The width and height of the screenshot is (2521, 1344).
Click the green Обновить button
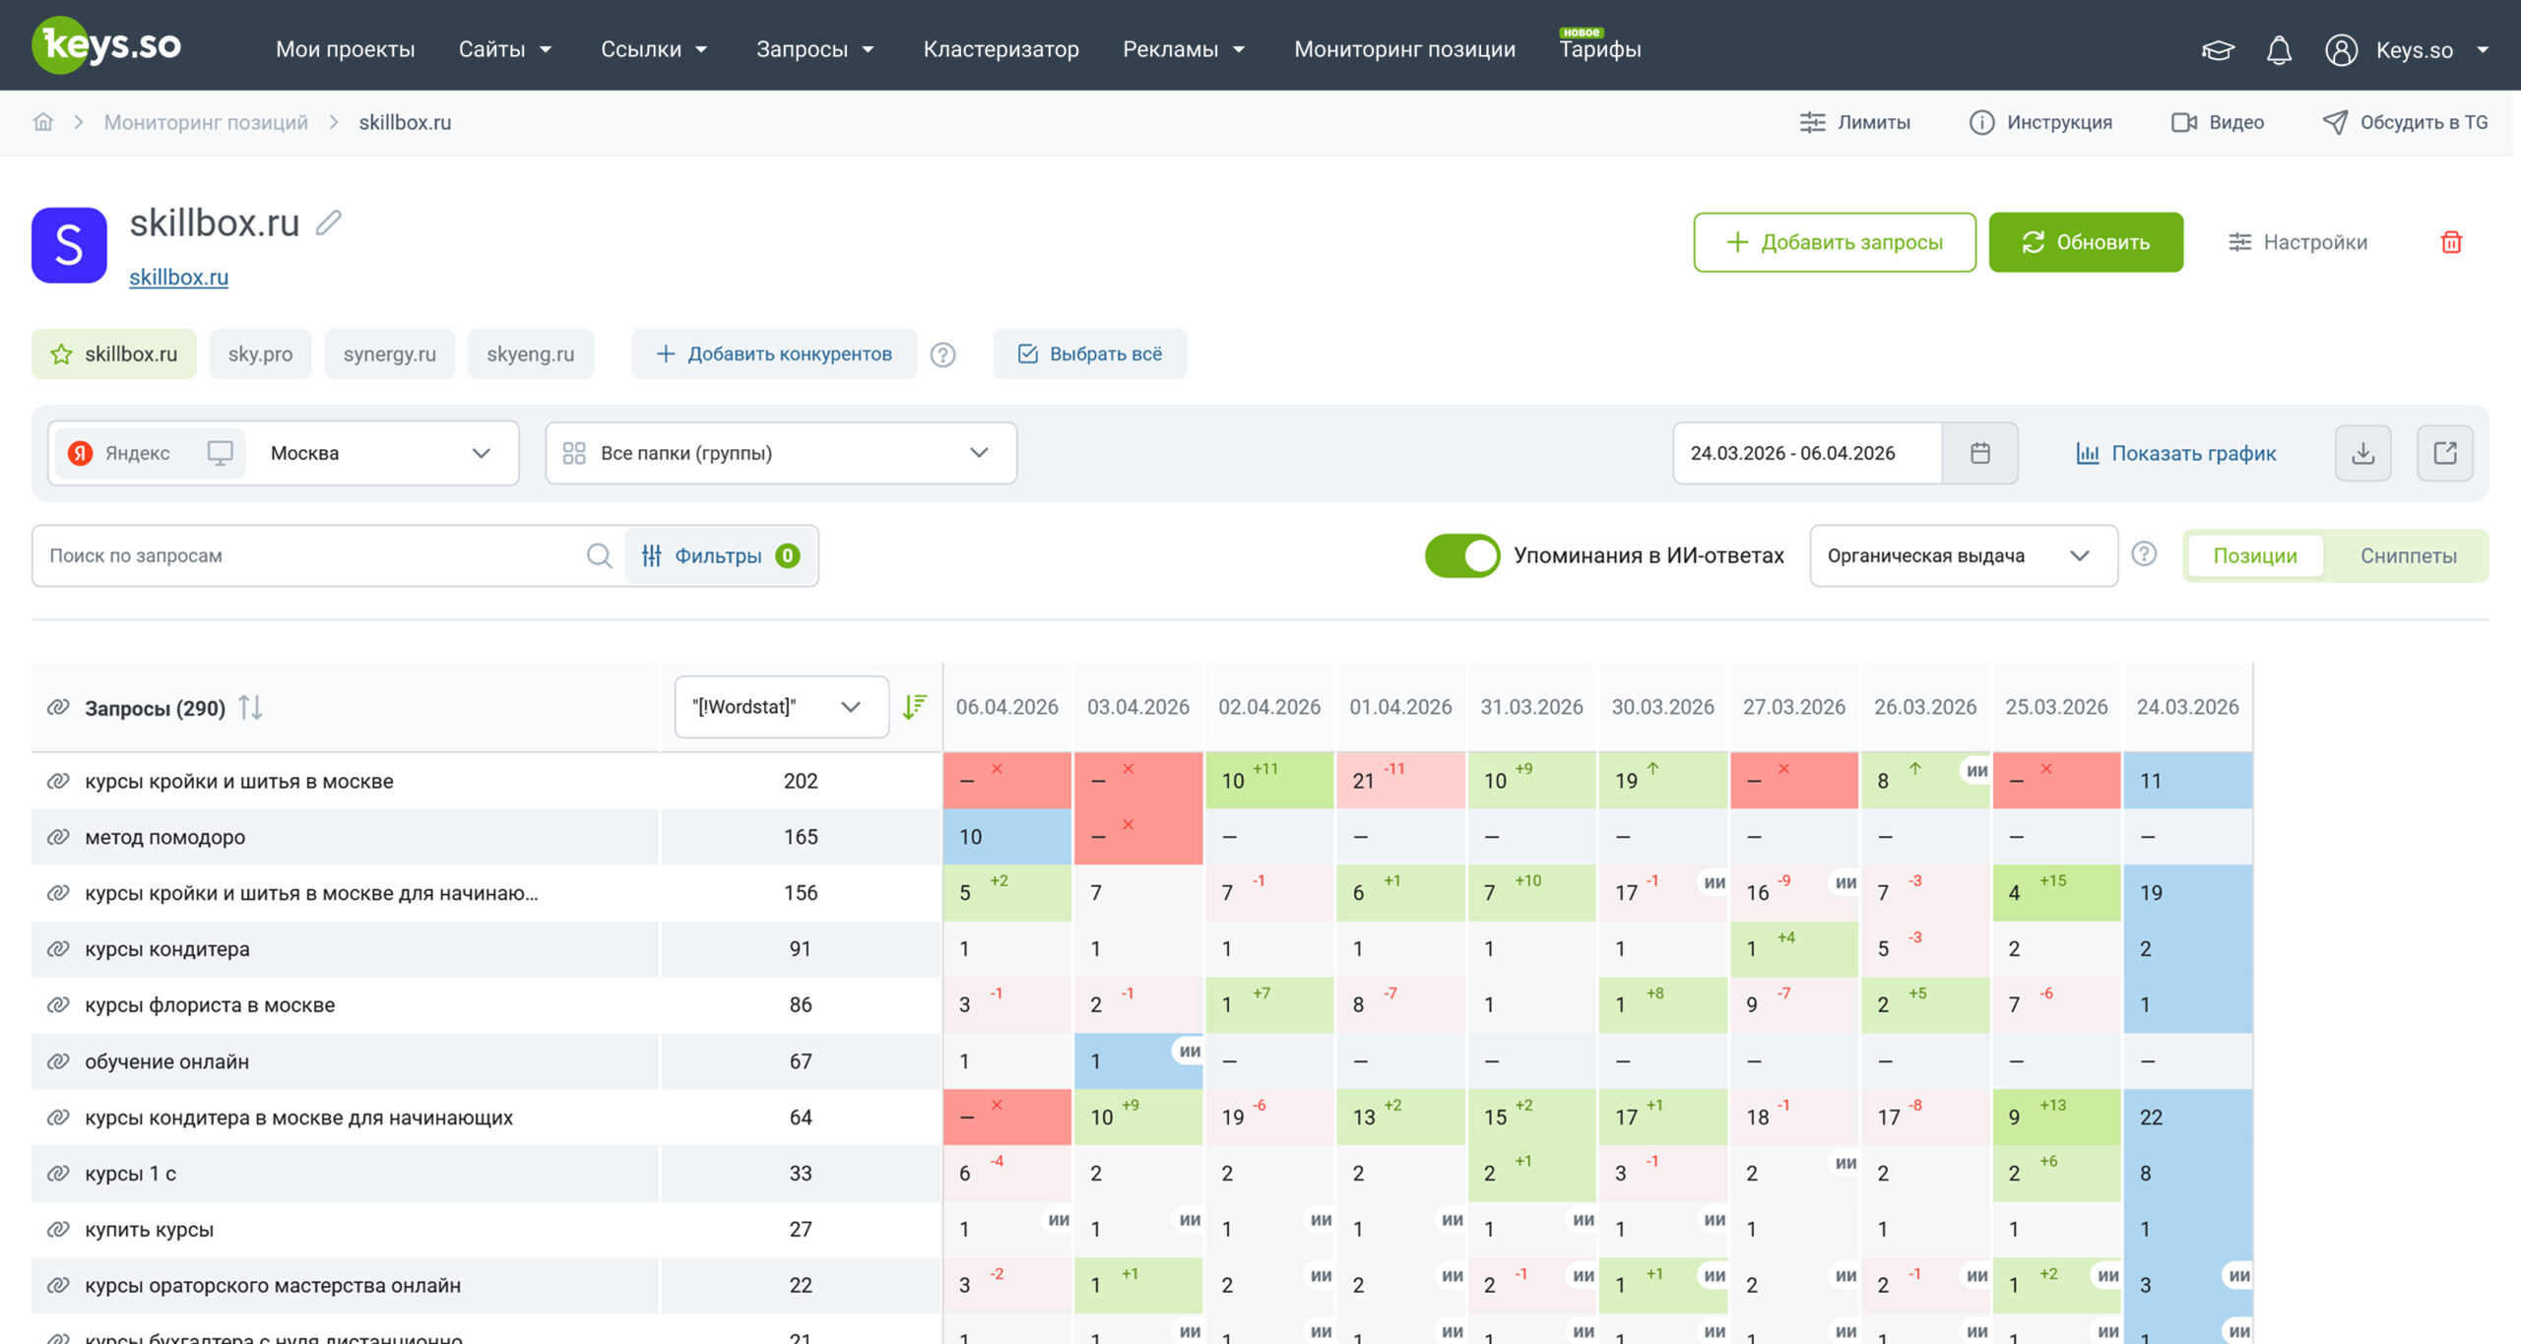click(2085, 242)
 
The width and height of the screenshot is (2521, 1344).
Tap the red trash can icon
click(2451, 242)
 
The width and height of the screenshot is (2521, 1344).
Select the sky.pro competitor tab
click(260, 353)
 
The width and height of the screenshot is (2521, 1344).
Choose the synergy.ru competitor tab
click(389, 353)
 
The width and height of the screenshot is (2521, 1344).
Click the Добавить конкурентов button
click(774, 353)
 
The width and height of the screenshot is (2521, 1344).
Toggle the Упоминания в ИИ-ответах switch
click(1461, 555)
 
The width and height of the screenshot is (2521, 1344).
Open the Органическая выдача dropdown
click(1963, 555)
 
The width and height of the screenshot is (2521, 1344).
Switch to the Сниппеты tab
click(2408, 555)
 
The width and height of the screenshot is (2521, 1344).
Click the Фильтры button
click(721, 555)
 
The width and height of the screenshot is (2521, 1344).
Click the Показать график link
click(2176, 453)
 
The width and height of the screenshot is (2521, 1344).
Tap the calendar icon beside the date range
click(1980, 453)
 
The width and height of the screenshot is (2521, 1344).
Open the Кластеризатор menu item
click(1001, 49)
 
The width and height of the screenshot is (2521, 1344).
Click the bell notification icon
click(2279, 49)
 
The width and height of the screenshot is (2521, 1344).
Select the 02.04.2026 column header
click(1269, 707)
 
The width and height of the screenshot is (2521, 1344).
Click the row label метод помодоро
click(165, 837)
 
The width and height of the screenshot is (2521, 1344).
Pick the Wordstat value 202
click(801, 781)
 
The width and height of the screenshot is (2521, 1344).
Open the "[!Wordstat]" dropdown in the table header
click(781, 707)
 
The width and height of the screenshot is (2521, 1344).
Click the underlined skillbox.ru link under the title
click(178, 278)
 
